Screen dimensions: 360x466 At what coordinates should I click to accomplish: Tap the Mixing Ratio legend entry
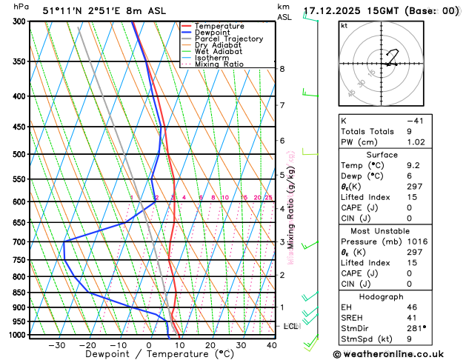tap(219, 64)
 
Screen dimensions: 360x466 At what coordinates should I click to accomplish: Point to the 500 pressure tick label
tap(19, 155)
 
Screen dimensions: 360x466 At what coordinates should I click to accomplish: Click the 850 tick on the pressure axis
tap(19, 293)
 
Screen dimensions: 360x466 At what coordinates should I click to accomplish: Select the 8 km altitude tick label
tap(282, 69)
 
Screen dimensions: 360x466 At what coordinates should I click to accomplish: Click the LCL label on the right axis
tap(291, 326)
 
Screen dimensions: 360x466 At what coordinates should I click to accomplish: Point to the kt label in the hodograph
tap(344, 26)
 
